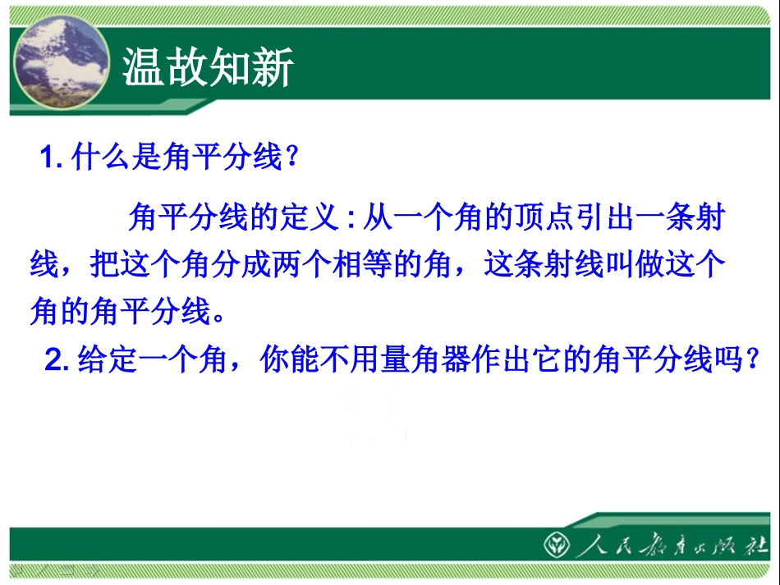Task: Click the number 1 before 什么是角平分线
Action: (48, 158)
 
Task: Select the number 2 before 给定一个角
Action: (55, 360)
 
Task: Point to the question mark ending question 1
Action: (288, 158)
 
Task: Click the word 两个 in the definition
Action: (285, 265)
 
